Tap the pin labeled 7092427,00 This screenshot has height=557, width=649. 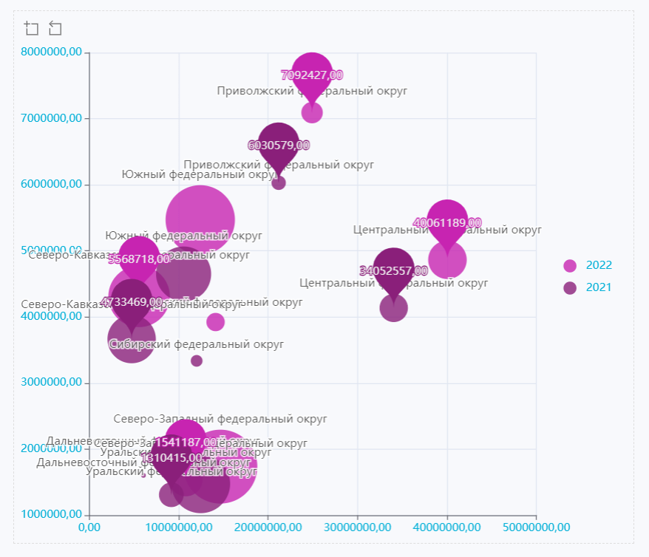pyautogui.click(x=312, y=74)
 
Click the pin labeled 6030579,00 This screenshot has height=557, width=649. pyautogui.click(x=278, y=144)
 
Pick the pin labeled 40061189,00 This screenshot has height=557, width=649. pyautogui.click(x=447, y=222)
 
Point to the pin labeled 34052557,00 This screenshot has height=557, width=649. pyautogui.click(x=393, y=270)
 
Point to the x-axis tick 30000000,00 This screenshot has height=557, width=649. pyautogui.click(x=357, y=527)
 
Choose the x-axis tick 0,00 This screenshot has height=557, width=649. pyautogui.click(x=89, y=527)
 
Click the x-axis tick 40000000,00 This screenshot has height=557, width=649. pyautogui.click(x=446, y=527)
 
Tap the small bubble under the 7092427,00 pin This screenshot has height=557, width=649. pyautogui.click(x=312, y=112)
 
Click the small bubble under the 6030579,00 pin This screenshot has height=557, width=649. pyautogui.click(x=279, y=182)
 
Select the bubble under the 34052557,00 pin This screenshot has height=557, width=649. pyautogui.click(x=393, y=307)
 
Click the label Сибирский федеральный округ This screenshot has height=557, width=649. pyautogui.click(x=197, y=344)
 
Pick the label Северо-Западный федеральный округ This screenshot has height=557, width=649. pyautogui.click(x=220, y=419)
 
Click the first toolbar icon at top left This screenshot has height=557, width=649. pyautogui.click(x=31, y=29)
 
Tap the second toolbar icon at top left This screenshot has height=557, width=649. pyautogui.click(x=55, y=29)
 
